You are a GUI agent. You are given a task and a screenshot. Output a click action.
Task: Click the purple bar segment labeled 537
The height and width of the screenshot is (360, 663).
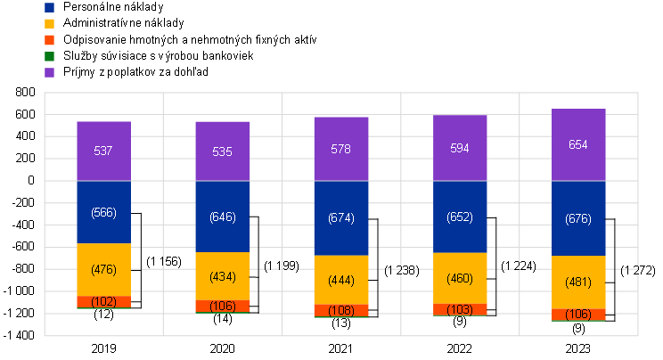103,151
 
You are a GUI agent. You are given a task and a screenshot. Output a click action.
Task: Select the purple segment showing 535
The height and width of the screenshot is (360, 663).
222,151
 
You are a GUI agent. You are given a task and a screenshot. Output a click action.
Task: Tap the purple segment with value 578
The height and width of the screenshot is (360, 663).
340,150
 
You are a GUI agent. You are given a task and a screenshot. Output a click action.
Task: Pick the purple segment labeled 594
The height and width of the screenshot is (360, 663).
460,148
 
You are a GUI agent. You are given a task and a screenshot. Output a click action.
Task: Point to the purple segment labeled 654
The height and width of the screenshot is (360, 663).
578,145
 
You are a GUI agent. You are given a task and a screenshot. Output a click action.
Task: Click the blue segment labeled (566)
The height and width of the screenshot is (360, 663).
103,212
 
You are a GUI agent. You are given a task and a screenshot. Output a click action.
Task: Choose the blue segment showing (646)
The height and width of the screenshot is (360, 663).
222,217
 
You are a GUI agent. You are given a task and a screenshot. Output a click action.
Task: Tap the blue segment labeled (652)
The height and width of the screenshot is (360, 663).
460,217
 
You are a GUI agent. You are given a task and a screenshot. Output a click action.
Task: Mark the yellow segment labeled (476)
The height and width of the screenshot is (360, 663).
103,269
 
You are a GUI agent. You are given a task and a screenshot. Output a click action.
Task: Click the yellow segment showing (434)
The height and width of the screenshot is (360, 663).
222,276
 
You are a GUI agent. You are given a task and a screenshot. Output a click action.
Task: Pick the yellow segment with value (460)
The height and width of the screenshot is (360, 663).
460,278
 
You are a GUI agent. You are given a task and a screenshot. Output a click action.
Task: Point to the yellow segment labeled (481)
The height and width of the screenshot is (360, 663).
578,282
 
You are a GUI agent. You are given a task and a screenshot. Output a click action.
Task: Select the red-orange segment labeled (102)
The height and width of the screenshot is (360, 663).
103,301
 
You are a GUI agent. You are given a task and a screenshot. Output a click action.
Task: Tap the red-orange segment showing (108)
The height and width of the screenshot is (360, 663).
340,310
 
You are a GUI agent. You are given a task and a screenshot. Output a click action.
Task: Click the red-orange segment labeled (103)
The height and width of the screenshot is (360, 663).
460,308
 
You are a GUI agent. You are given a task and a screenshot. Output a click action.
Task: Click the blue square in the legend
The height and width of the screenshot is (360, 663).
49,7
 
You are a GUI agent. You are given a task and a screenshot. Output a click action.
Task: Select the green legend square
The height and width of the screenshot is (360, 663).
49,56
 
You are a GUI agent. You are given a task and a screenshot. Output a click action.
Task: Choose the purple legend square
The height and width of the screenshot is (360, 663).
49,72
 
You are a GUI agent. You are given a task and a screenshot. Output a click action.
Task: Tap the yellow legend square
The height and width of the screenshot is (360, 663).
49,23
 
